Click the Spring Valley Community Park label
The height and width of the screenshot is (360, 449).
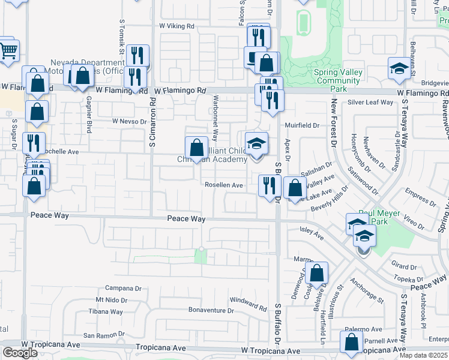click(339, 80)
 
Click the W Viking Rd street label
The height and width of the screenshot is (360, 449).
click(177, 26)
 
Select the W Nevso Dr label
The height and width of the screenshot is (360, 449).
click(129, 121)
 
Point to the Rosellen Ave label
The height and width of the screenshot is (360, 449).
click(224, 185)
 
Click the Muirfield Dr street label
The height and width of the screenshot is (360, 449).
click(302, 125)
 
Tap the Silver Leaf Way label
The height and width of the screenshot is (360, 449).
click(370, 103)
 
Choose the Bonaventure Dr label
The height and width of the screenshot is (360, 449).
click(211, 310)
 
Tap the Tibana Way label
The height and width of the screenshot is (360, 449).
click(106, 311)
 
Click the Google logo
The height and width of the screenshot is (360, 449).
click(20, 353)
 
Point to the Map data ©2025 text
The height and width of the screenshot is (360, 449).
click(424, 355)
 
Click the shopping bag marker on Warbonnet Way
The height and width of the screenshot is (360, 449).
click(196, 148)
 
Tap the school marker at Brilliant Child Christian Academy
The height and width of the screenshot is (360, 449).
click(256, 143)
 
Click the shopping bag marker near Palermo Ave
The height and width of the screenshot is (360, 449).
click(351, 341)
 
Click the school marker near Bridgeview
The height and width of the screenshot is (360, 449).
click(399, 68)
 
